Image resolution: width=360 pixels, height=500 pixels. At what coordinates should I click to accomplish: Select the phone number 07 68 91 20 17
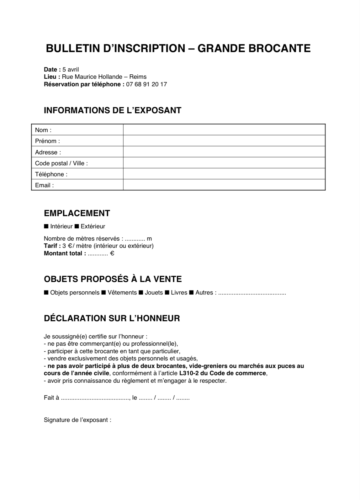tap(146, 84)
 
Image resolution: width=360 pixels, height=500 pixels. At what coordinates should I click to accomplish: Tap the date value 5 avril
tap(71, 70)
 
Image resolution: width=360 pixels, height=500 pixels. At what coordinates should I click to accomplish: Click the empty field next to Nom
tap(224, 130)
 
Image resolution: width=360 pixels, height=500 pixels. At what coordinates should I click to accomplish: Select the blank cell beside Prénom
tap(224, 141)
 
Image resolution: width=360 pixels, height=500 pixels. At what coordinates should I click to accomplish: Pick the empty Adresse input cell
tap(224, 152)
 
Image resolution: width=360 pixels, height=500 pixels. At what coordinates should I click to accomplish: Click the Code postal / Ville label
tap(61, 163)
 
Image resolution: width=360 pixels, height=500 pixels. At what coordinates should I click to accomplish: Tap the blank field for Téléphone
tap(224, 174)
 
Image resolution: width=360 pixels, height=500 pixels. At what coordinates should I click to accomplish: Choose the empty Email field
tap(224, 185)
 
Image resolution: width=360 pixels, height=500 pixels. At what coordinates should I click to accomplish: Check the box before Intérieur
tap(46, 226)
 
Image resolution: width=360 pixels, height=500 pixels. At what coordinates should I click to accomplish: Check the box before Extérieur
tap(77, 226)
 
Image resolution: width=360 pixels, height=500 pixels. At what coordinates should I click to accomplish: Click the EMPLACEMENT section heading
tap(77, 213)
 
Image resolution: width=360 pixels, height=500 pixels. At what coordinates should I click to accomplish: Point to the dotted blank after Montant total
tap(98, 254)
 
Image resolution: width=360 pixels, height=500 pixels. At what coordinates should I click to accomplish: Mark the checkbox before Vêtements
tap(103, 293)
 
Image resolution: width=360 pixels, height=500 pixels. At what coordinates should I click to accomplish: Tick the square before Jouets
tap(141, 293)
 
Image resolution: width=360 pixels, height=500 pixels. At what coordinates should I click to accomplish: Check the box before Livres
tap(167, 293)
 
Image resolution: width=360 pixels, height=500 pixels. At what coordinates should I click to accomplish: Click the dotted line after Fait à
tap(95, 398)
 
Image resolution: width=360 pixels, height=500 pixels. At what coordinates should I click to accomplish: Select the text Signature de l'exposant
tap(77, 420)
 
